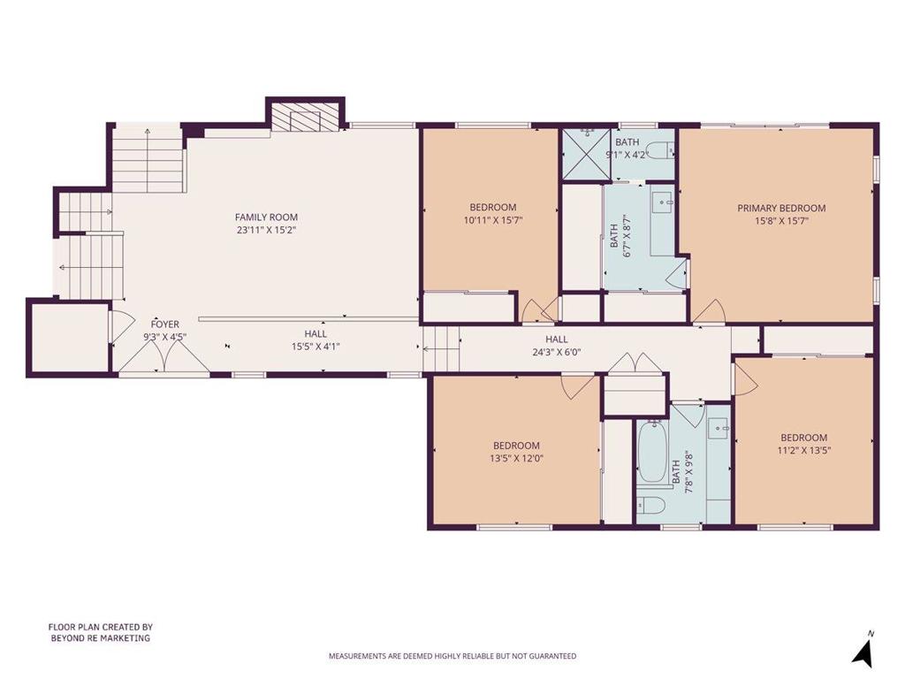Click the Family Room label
[x=266, y=217]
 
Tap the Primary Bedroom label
[x=781, y=208]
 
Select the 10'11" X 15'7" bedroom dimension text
[x=493, y=220]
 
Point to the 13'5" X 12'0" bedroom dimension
[x=516, y=459]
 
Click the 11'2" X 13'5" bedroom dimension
[x=804, y=450]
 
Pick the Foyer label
[x=165, y=324]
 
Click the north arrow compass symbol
[x=863, y=649]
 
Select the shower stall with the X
[x=587, y=154]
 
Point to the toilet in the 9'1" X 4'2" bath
[x=663, y=151]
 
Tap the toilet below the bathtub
[x=651, y=505]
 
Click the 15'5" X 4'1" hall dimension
[x=316, y=347]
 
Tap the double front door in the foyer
[x=164, y=358]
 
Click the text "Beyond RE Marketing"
[x=101, y=638]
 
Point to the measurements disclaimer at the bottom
[x=452, y=656]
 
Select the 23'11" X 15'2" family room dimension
[x=267, y=230]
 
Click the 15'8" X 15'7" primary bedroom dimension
[x=781, y=220]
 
